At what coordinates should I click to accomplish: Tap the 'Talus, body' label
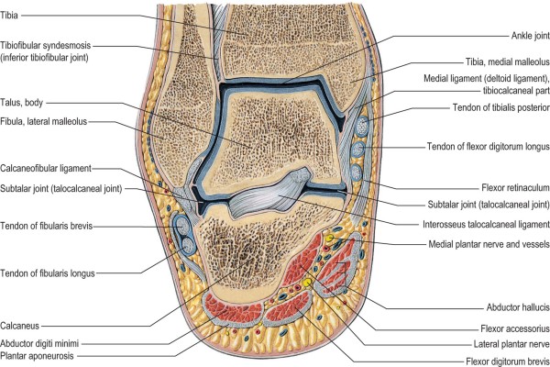(x=30, y=104)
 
